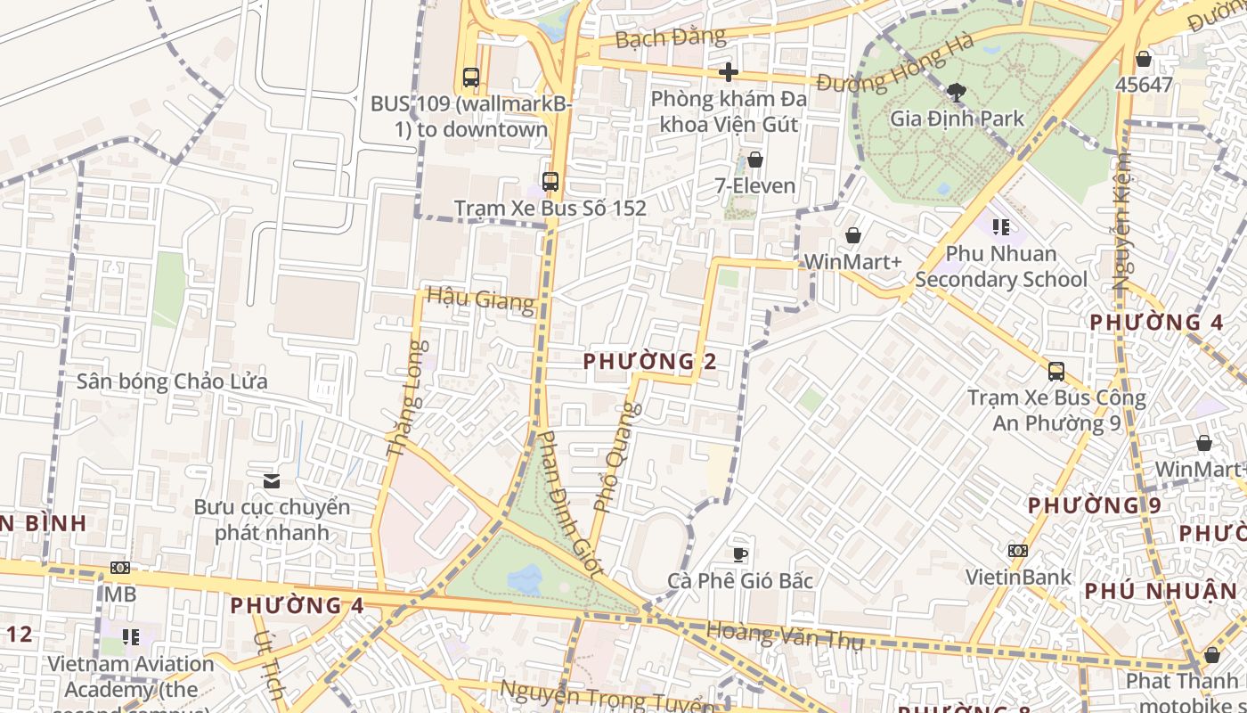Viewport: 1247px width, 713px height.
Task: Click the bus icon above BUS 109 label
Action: tap(471, 78)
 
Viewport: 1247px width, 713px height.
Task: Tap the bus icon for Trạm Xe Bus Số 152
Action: tap(550, 182)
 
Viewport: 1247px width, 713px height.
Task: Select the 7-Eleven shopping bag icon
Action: tap(755, 160)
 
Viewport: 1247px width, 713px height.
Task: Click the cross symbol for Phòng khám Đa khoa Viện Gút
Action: tap(729, 72)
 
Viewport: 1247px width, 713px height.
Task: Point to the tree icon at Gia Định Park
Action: tap(957, 92)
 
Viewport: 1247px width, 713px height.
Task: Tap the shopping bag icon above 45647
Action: tap(1144, 59)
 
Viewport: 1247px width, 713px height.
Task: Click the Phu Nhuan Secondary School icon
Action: tap(1001, 227)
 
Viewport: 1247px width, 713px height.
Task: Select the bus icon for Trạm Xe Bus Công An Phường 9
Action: tap(1056, 372)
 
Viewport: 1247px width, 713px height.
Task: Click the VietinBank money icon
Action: tap(1018, 551)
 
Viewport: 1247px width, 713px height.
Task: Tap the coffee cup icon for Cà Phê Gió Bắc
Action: tap(740, 554)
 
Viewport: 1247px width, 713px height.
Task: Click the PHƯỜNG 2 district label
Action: tap(650, 361)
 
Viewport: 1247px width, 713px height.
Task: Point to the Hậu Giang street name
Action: tap(481, 299)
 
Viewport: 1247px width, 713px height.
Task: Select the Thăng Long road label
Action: tap(406, 398)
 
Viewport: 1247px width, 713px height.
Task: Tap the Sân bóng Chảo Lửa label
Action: tap(172, 381)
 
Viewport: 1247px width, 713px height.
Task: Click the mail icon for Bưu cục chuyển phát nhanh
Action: tap(272, 481)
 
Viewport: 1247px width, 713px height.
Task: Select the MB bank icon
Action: tap(120, 568)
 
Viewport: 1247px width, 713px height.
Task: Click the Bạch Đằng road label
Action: tap(670, 38)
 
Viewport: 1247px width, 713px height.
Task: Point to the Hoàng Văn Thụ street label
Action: tap(784, 636)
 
